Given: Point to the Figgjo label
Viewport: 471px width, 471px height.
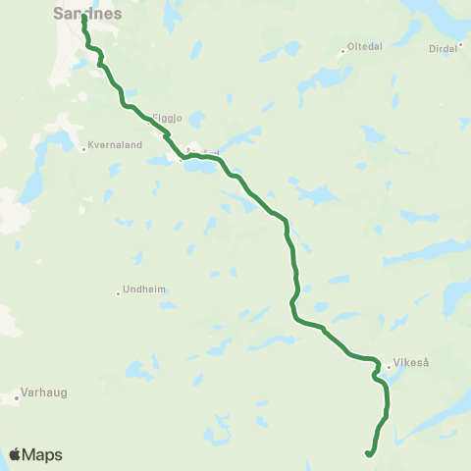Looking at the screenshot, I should tap(168, 117).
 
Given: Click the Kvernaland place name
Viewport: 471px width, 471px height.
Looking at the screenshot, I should tap(117, 144).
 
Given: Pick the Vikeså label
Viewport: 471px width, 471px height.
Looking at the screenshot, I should tap(412, 361).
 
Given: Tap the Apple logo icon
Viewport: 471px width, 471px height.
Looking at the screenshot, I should tap(16, 453).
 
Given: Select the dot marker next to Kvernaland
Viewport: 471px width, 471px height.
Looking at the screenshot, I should tap(83, 150).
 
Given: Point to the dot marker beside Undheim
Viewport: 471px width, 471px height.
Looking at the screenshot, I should tap(118, 291).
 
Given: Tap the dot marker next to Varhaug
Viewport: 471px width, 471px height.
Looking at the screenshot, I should tap(18, 398).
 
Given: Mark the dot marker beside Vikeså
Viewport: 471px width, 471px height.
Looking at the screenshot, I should tap(390, 367).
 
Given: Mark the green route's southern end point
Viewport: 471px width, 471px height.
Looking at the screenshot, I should tap(367, 453).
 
